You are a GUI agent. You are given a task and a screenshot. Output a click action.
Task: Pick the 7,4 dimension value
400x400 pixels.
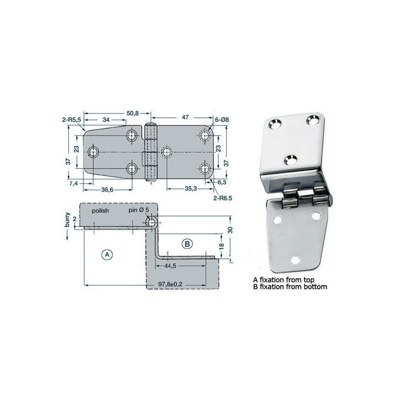pyautogui.click(x=73, y=182)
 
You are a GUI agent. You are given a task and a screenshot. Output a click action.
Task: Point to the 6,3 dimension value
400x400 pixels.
pyautogui.click(x=222, y=182)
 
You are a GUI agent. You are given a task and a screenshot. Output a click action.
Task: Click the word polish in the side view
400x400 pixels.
pyautogui.click(x=102, y=212)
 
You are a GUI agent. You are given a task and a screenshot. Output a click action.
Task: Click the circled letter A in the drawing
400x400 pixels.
pyautogui.click(x=109, y=254)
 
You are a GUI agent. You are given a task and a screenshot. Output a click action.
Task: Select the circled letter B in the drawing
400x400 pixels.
pyautogui.click(x=187, y=243)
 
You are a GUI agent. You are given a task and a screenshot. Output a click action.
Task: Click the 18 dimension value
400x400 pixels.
pyautogui.click(x=221, y=246)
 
